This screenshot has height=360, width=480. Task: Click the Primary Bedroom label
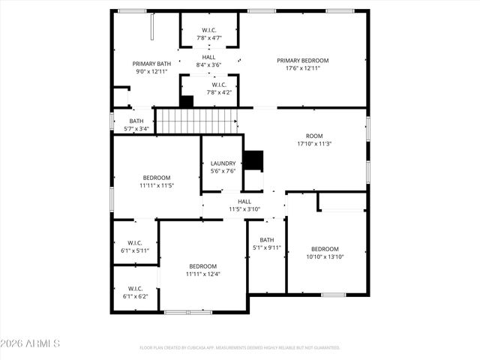coord(302,61)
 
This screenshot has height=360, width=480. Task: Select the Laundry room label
coord(223,163)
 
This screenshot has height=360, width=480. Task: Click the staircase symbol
coord(196,120)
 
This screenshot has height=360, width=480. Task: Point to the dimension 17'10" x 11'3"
coord(314,144)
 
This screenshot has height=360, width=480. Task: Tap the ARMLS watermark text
coord(31,343)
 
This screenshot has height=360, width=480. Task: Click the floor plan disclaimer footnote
coord(240,348)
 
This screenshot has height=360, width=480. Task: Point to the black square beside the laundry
coord(256,160)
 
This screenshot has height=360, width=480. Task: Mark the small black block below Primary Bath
coord(187,101)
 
